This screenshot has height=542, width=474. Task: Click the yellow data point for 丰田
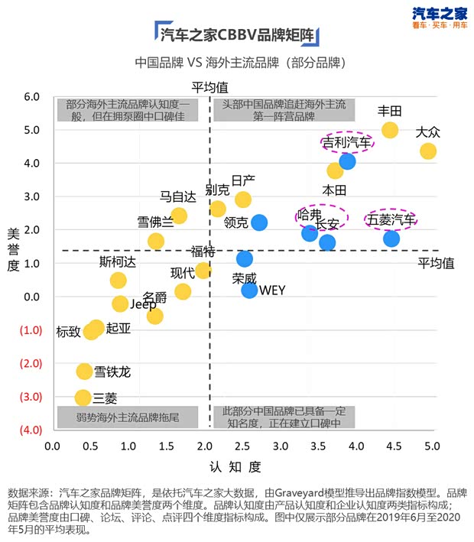tap(390, 130)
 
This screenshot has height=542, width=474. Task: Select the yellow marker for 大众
tap(428, 151)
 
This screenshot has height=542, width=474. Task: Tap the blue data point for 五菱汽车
tap(391, 239)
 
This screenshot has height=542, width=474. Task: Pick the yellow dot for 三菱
tap(83, 398)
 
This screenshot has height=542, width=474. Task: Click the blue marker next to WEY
tap(249, 290)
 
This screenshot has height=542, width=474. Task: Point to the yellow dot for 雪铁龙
tap(84, 372)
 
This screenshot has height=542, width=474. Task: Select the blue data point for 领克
tap(259, 222)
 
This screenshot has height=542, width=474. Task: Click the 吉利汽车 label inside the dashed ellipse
tap(346, 143)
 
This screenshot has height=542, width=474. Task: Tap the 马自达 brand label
tap(177, 196)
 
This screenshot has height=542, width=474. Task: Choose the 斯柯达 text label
tap(118, 261)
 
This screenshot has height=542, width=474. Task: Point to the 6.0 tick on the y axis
tap(31, 97)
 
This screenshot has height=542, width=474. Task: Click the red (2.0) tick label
tap(31, 364)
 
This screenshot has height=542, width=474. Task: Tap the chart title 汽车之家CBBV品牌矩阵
tap(237, 34)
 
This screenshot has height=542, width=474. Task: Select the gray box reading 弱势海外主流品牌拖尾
tap(128, 417)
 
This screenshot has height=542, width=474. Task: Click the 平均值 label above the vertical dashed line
tap(209, 87)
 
